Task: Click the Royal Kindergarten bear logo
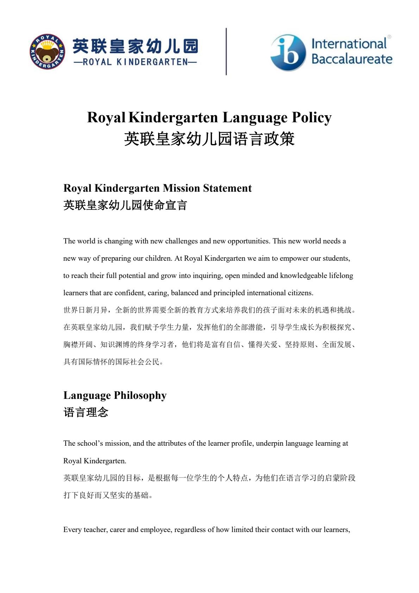[x=47, y=52]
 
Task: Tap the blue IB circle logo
[x=288, y=52]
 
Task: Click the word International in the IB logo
[x=349, y=44]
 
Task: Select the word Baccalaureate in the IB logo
[x=352, y=58]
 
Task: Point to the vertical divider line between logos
[x=226, y=51]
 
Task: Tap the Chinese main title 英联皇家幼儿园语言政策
[x=209, y=139]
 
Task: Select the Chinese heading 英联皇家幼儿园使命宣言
[x=125, y=205]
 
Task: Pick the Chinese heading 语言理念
[x=86, y=412]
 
